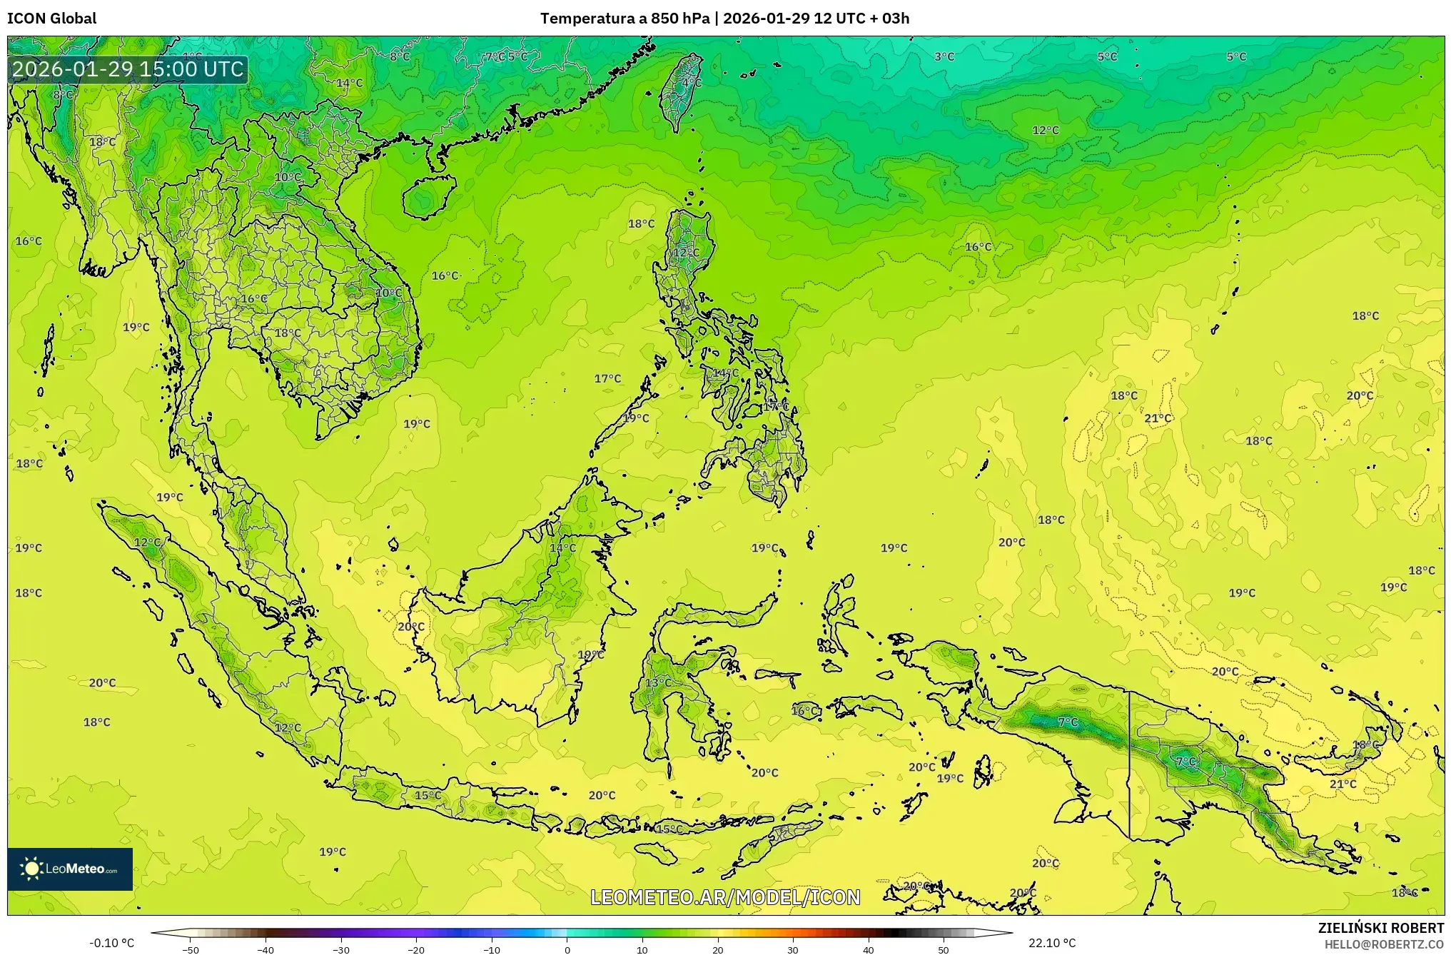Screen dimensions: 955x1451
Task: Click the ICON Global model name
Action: point(51,19)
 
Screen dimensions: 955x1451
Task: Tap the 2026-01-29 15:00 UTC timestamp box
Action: point(128,69)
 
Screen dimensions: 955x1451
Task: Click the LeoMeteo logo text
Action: point(81,869)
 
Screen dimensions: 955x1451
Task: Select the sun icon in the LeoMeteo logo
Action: point(31,869)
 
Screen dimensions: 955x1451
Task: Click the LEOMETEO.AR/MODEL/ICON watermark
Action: point(725,897)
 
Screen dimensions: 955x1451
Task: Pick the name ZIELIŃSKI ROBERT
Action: point(1380,928)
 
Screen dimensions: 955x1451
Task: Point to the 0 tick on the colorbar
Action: point(567,949)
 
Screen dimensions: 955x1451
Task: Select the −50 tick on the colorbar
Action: point(190,949)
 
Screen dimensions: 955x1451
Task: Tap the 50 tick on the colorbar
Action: point(944,949)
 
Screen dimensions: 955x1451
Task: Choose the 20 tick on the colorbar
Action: point(718,949)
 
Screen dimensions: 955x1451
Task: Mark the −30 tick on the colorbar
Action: point(341,949)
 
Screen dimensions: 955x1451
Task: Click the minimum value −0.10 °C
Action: point(111,943)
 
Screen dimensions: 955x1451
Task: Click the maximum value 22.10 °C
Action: point(1052,943)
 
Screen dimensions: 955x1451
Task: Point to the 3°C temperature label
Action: point(944,56)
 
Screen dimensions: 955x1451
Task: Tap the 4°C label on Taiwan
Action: point(691,83)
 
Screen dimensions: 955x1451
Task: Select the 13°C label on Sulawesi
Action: point(658,682)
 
